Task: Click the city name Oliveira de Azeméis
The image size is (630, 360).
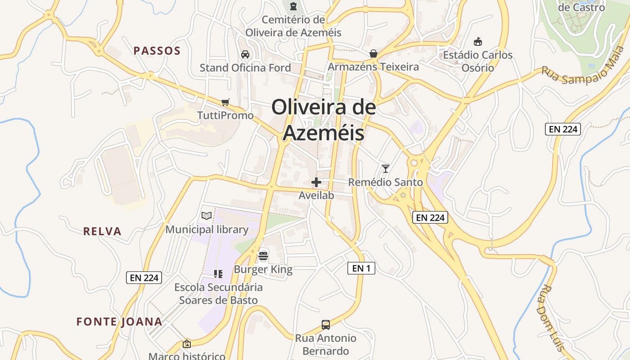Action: pos(324,120)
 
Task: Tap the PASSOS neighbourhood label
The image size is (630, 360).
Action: pos(157,51)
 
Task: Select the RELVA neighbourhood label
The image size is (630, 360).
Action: pos(102,231)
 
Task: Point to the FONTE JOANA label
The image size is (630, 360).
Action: pos(119,322)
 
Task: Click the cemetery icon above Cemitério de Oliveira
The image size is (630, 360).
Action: pos(293,6)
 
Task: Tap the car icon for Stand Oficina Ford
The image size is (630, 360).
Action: pos(245,54)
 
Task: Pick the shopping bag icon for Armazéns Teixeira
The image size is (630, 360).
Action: pos(373,54)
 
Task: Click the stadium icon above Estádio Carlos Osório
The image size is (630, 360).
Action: pos(478,42)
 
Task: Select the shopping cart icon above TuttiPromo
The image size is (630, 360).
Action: pos(225,102)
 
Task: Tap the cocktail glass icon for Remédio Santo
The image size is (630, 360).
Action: pos(386,169)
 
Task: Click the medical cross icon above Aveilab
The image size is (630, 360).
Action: pos(317,182)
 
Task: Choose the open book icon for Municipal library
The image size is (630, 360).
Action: pos(207,216)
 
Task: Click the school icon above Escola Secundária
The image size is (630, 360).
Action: pos(218,274)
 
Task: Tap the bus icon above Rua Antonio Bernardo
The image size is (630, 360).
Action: pos(326,324)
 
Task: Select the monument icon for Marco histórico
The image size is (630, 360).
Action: pos(187,344)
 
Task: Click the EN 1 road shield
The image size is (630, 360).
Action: pos(361,269)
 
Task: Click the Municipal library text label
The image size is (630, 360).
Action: pos(207,229)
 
